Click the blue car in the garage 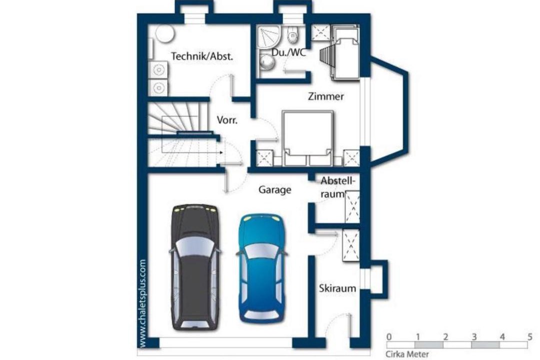(x=262, y=268)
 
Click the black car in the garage (x=195, y=267)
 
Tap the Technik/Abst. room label (x=202, y=56)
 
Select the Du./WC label (x=288, y=52)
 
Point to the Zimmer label (x=325, y=96)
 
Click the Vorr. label (x=227, y=120)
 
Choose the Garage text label (x=275, y=190)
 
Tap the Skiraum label (x=337, y=288)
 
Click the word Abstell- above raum (x=337, y=180)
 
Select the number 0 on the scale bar (x=389, y=336)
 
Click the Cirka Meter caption (x=407, y=354)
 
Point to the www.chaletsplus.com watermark (x=142, y=303)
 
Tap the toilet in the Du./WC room (x=292, y=34)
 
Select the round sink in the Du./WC (x=267, y=62)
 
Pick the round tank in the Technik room (x=164, y=33)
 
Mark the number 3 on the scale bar (x=474, y=336)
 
